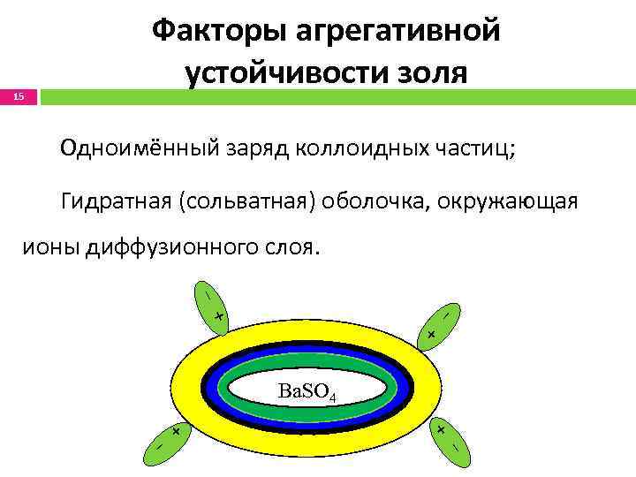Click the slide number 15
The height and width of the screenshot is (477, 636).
[19, 96]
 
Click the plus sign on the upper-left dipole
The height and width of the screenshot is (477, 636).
[217, 316]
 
